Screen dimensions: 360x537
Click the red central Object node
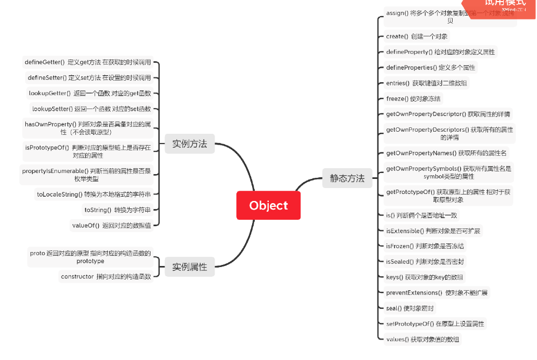[268, 205]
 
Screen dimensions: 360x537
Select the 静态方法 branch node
[347, 178]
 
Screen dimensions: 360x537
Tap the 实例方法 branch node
[189, 143]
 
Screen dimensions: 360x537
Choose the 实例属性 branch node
[189, 267]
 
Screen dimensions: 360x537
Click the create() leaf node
[417, 37]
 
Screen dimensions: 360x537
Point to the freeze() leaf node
[413, 99]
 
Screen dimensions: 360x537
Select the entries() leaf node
[426, 83]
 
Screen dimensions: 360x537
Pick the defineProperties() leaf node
[430, 68]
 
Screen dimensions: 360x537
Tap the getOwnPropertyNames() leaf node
[446, 153]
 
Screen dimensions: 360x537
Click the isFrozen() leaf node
[425, 246]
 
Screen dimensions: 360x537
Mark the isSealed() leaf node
[425, 262]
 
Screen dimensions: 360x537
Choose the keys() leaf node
[424, 277]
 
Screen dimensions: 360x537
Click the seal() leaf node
[410, 308]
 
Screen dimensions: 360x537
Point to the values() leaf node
[423, 340]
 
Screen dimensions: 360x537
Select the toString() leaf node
[117, 210]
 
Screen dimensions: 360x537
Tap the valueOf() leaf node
[111, 225]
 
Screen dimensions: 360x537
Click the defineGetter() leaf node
[88, 62]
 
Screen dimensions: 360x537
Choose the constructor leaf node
[105, 277]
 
